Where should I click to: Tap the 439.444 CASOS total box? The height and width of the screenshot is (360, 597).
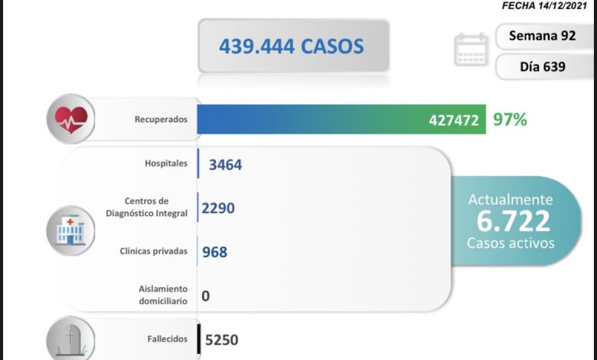tap(293, 47)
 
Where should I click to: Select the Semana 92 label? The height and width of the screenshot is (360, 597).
tap(542, 36)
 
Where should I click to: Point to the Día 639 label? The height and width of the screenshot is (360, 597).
tap(542, 67)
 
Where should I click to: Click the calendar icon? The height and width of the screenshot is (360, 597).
tap(471, 50)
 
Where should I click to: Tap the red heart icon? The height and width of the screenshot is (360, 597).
tap(70, 119)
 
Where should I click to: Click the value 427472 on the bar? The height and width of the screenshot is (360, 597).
tap(454, 119)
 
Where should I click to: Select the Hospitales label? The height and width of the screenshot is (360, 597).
tap(165, 164)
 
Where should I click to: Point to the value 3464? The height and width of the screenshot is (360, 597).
tap(225, 164)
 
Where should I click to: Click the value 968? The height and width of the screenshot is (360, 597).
tap(214, 251)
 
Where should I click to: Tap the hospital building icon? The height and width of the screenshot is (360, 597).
tap(70, 229)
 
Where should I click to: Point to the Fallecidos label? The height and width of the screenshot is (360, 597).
tap(168, 338)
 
